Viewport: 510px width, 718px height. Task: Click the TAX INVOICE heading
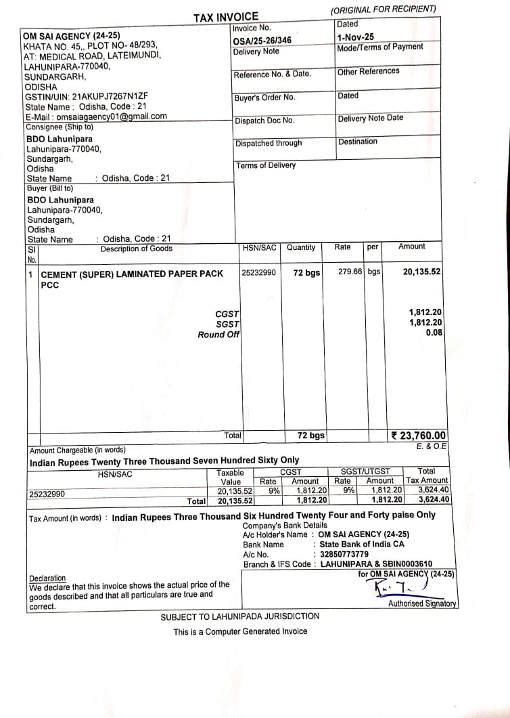(x=226, y=17)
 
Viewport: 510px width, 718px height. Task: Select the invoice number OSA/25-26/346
(x=262, y=41)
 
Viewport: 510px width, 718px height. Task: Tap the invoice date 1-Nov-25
(x=355, y=37)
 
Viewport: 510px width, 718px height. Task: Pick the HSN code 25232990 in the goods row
(x=258, y=272)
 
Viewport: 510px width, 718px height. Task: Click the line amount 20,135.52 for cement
(x=421, y=272)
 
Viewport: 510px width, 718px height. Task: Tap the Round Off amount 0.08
(x=434, y=333)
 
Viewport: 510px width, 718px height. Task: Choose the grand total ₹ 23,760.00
(x=419, y=436)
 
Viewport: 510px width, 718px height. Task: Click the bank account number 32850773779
(x=344, y=554)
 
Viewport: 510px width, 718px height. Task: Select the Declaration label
(x=47, y=578)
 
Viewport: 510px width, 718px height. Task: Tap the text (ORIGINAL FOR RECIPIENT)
(x=383, y=9)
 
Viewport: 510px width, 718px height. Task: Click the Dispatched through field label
(x=269, y=144)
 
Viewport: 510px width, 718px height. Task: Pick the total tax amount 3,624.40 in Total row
(x=434, y=500)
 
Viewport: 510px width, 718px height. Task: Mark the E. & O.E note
(x=432, y=446)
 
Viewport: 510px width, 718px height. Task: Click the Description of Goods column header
(x=136, y=249)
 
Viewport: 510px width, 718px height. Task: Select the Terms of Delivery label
(x=265, y=165)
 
